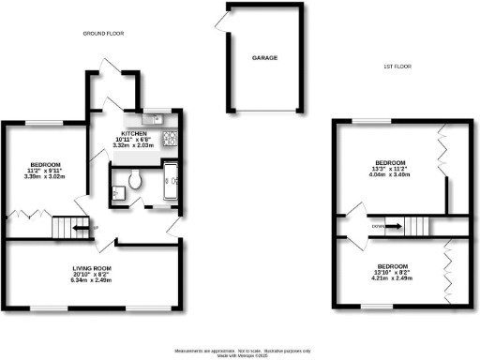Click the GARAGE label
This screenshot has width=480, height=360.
(x=263, y=57)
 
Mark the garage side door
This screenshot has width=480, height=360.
(x=220, y=18)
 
